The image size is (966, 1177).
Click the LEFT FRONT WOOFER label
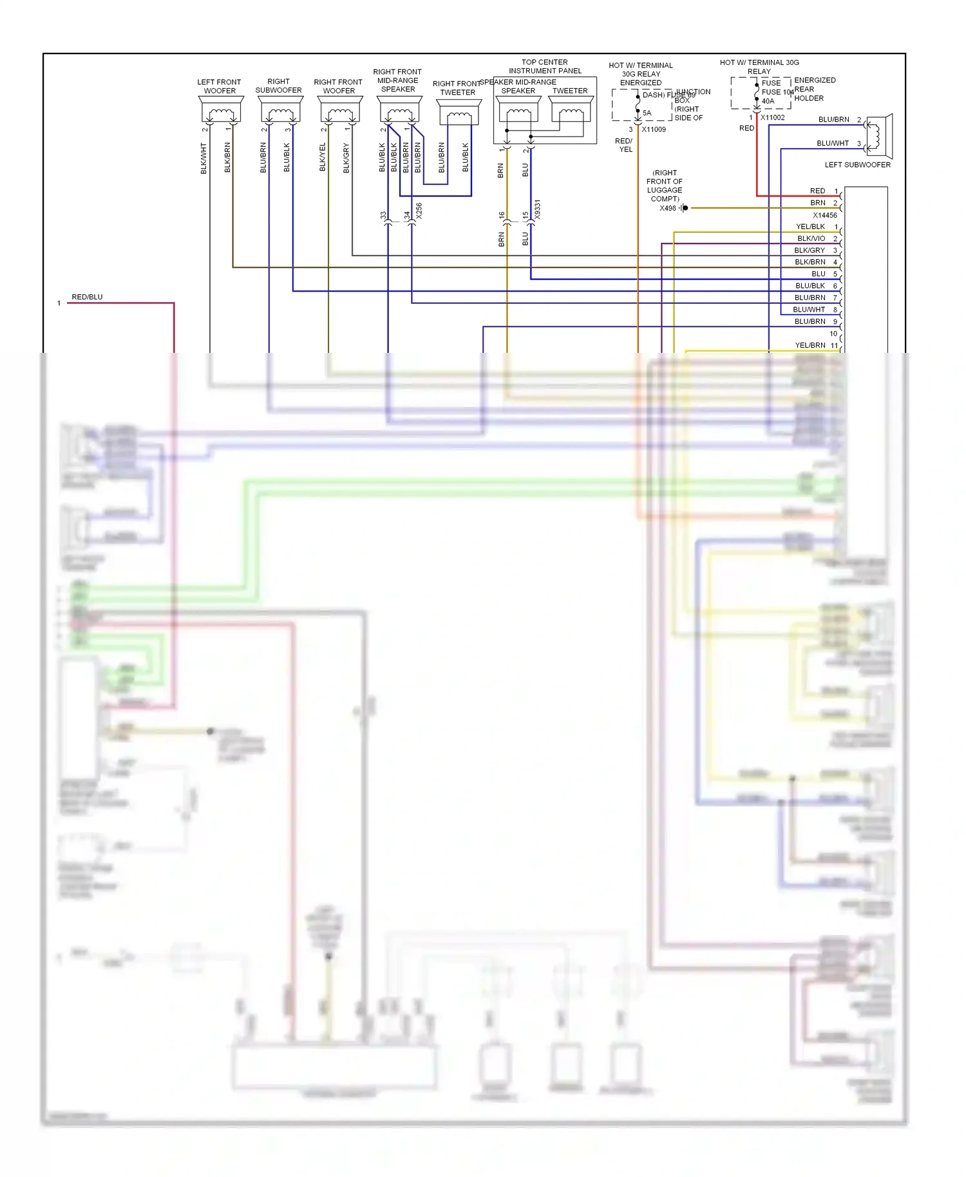[x=220, y=86]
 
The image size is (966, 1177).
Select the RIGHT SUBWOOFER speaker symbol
[x=280, y=111]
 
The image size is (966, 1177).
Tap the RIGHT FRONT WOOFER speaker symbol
[x=340, y=111]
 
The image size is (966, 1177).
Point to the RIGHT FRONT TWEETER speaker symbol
[x=459, y=114]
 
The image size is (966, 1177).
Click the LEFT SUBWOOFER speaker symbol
[x=878, y=136]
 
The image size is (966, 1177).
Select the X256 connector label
[x=419, y=211]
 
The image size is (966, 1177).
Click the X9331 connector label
[x=538, y=209]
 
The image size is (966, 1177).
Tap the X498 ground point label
[x=668, y=208]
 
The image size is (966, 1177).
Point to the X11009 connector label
[x=654, y=129]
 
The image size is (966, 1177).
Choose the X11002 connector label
[x=772, y=118]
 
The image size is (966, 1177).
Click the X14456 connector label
[x=824, y=215]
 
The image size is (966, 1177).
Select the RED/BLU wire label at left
[x=87, y=297]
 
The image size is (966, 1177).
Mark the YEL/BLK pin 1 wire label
[x=810, y=227]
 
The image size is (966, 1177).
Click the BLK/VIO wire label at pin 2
[x=811, y=238]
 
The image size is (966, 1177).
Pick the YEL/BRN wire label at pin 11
[x=810, y=345]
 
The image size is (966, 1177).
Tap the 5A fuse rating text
[x=647, y=113]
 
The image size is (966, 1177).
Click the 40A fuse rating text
[x=768, y=101]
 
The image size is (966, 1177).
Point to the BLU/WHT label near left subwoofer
[x=833, y=143]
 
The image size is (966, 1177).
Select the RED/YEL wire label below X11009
[x=624, y=145]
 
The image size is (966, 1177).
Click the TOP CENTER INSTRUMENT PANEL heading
[x=545, y=66]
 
